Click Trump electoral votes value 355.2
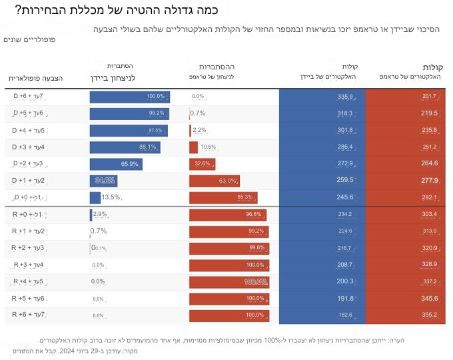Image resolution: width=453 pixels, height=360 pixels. [429, 315]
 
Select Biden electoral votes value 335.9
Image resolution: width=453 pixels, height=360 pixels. [345, 97]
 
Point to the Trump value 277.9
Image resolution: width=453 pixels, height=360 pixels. [429, 181]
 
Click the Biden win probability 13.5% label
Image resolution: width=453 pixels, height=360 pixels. [111, 197]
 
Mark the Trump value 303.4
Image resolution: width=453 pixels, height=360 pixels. [429, 214]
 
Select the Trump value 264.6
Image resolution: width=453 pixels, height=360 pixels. [429, 163]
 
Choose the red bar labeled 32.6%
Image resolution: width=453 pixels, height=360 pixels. [201, 163]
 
